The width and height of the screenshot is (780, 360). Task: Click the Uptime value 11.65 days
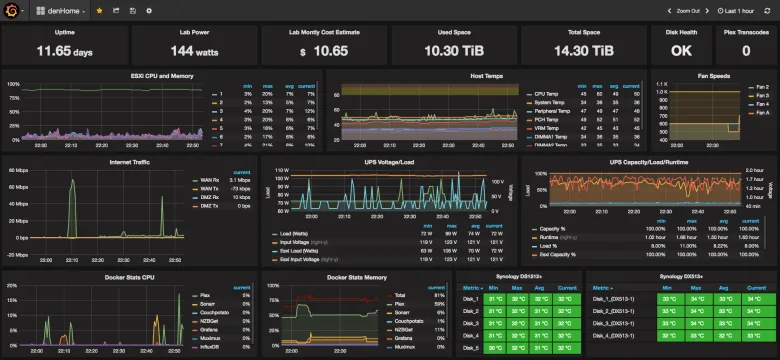(64, 49)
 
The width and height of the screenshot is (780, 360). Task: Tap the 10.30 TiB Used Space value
(454, 49)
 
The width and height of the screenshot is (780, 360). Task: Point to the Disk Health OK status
(680, 49)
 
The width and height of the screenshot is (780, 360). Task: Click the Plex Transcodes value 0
(745, 49)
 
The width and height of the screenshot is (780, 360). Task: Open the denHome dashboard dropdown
(60, 10)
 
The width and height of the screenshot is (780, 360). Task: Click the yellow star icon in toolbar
(99, 10)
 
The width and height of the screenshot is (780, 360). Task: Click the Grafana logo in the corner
(13, 10)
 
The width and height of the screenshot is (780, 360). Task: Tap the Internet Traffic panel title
(129, 162)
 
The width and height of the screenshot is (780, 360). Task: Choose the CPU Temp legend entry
(547, 94)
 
